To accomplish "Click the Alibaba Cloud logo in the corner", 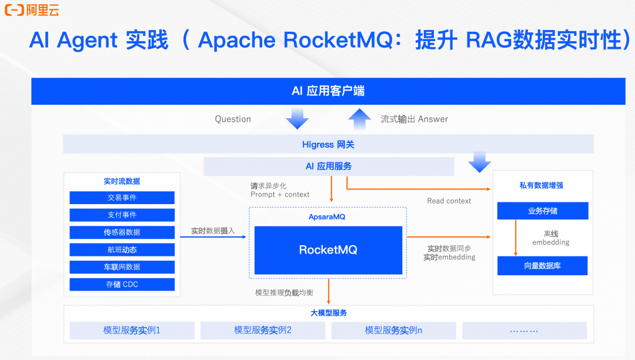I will coord(32,10).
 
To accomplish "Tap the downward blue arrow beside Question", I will coord(297,119).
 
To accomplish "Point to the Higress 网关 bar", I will coord(328,144).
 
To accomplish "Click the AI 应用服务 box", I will coord(328,166).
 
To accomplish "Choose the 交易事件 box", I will coord(122,198).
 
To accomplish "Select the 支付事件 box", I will coord(122,215).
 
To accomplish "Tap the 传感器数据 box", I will coord(122,232).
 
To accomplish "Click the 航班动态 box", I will coord(122,249).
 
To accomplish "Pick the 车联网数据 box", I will coord(122,267).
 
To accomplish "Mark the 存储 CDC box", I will coord(122,284).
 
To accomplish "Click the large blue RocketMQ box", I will coord(328,250).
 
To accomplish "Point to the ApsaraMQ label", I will coord(327,217).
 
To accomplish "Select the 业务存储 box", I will coord(542,211).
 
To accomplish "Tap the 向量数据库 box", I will coord(542,266).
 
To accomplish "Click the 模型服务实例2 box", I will coord(262,331).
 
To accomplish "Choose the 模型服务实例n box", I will coord(393,331).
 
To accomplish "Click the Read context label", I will coord(449,201).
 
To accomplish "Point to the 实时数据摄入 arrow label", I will coord(213,231).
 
